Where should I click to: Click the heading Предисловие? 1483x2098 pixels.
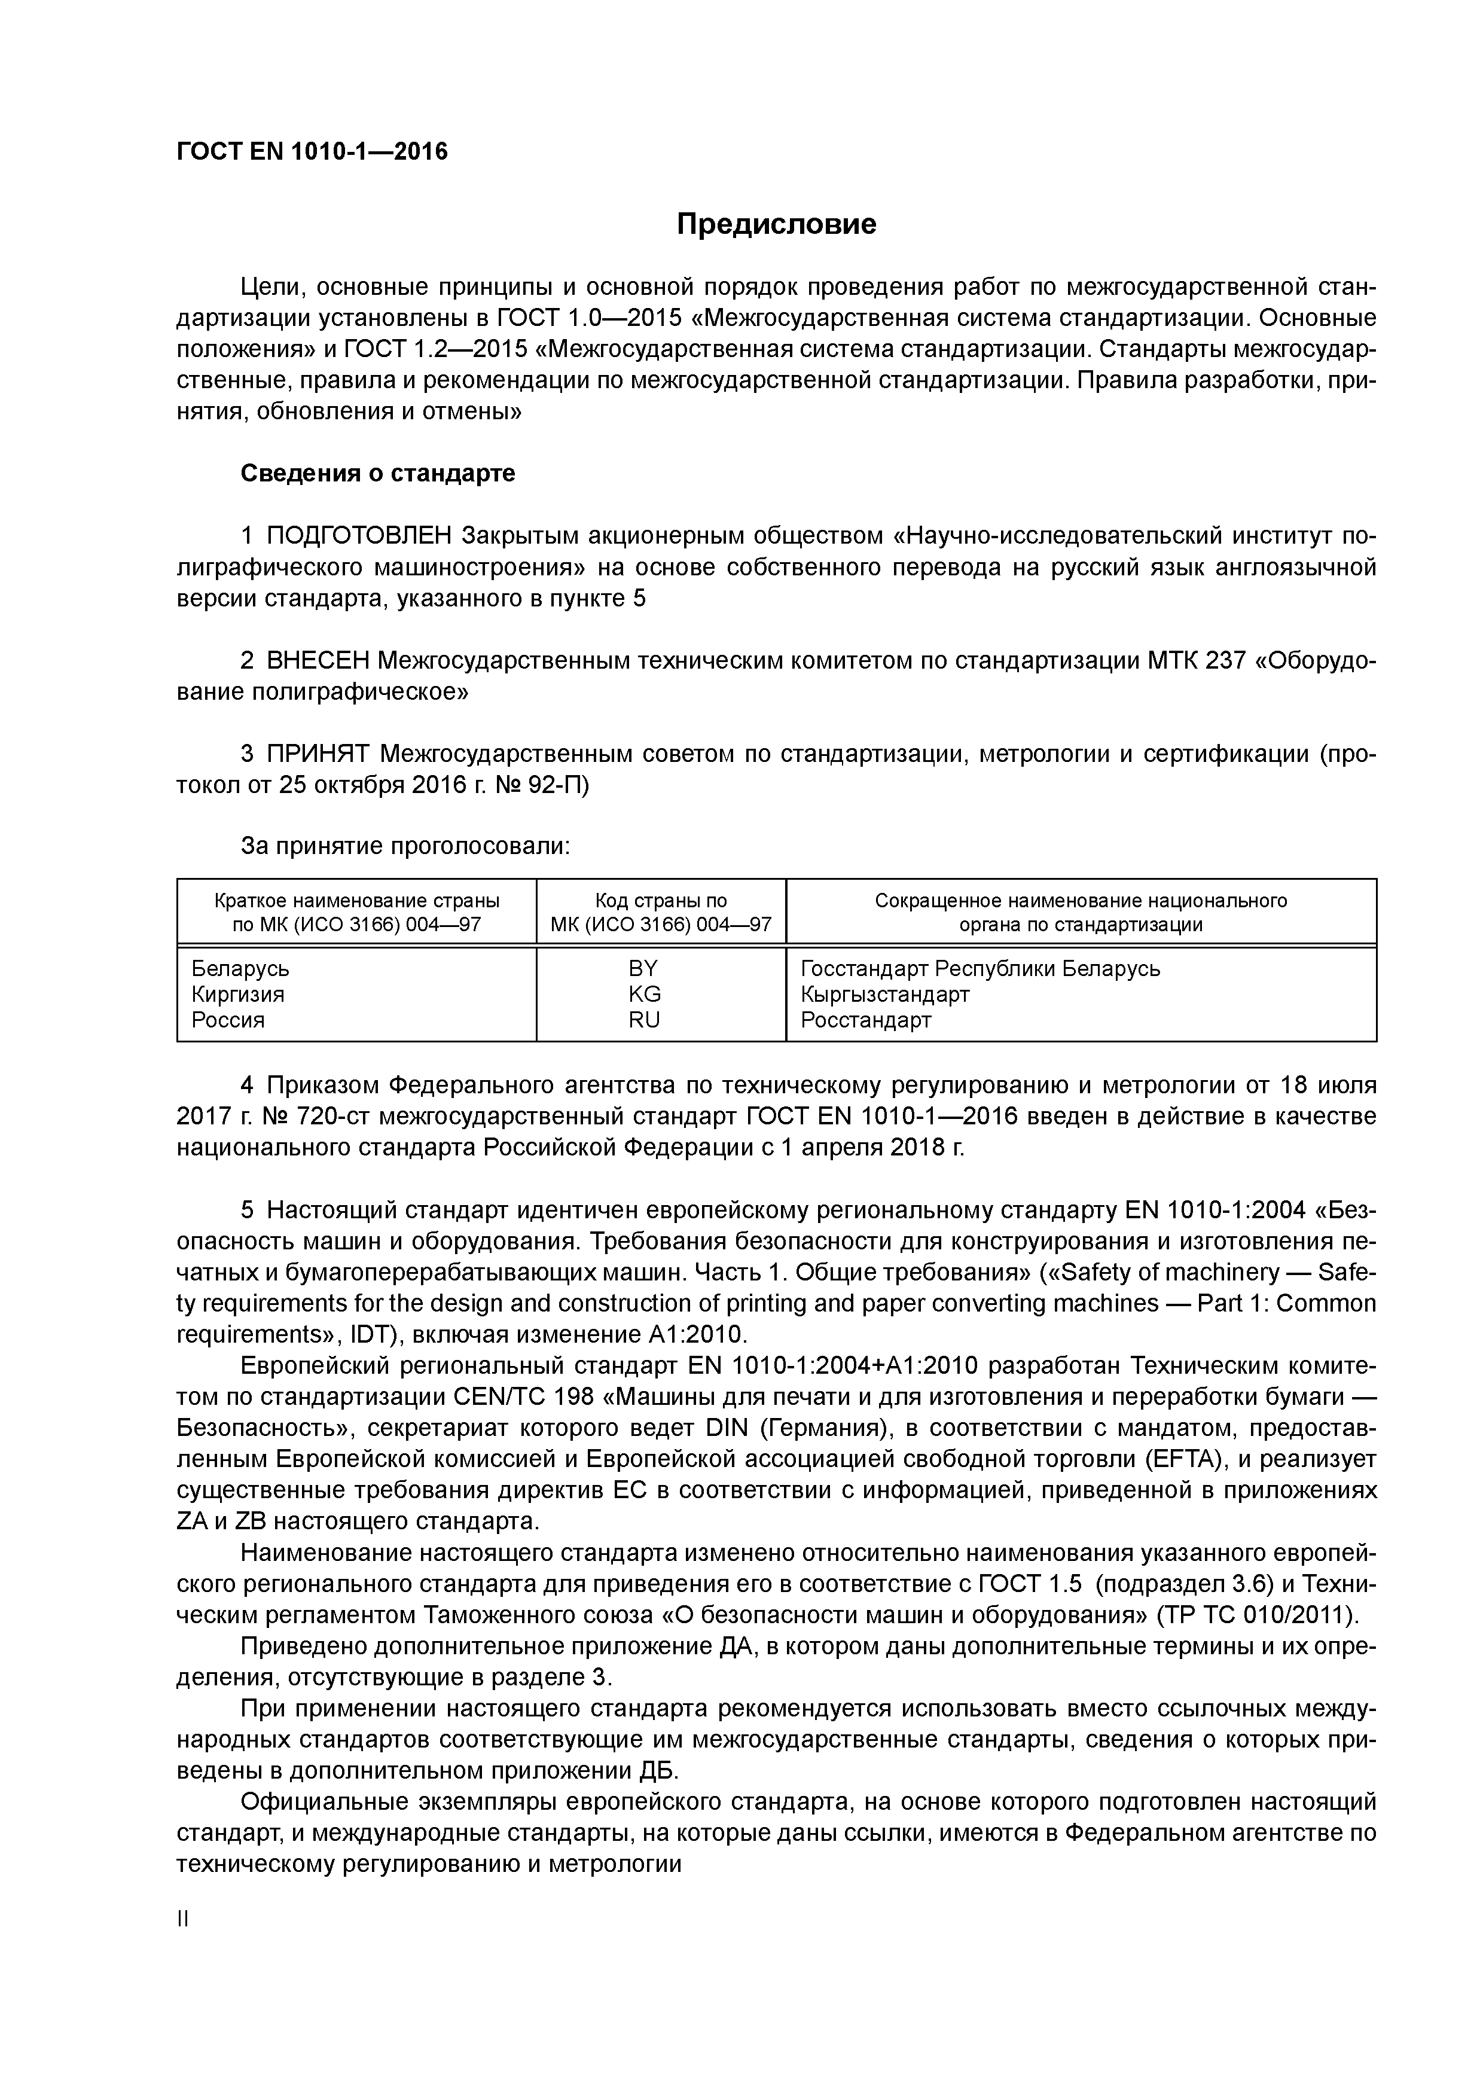pyautogui.click(x=776, y=224)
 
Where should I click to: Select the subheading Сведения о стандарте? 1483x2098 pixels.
pyautogui.click(x=377, y=473)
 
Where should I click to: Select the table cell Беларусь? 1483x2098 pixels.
pyautogui.click(x=240, y=969)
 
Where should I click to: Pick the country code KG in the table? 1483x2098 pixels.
pyautogui.click(x=644, y=994)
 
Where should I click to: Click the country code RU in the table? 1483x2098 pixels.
pyautogui.click(x=644, y=1020)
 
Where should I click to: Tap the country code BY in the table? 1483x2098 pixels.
pyautogui.click(x=643, y=969)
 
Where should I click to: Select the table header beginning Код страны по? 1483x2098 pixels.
pyautogui.click(x=661, y=901)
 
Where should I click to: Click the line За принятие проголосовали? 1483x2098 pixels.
pyautogui.click(x=405, y=847)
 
